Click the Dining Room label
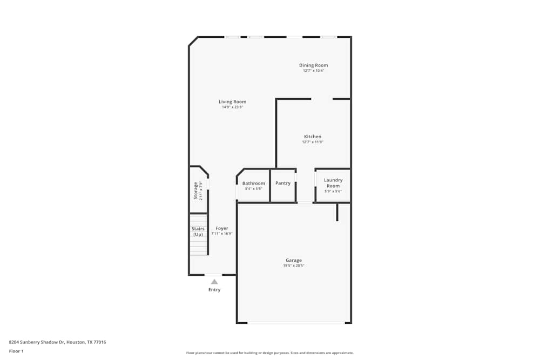tap(313, 65)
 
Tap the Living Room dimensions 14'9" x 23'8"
tap(232, 107)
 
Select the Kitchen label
tap(313, 137)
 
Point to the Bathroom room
tap(253, 186)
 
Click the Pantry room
tap(283, 186)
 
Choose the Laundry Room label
tap(333, 182)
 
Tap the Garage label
tap(294, 260)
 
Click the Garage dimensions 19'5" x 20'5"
tap(294, 266)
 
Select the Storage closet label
tap(195, 191)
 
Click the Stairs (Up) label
tap(198, 232)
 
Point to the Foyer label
tap(221, 228)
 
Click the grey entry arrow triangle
tap(214, 281)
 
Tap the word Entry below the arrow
tap(214, 290)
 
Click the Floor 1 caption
tap(16, 351)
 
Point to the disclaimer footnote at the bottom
tap(270, 352)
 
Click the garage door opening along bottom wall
tap(296, 323)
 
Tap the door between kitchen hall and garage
tap(305, 202)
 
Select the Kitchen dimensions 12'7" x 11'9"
tap(313, 142)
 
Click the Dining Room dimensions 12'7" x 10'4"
tap(313, 71)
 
